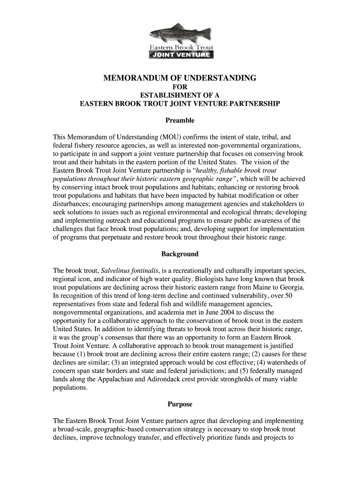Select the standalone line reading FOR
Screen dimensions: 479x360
pos(180,87)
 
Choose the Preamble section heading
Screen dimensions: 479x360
pos(180,121)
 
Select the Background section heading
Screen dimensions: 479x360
pos(180,254)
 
